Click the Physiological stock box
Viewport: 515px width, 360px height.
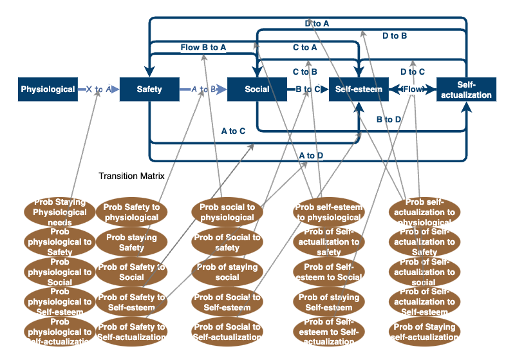(48, 90)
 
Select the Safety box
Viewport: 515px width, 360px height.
(149, 90)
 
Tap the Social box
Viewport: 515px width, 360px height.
(257, 90)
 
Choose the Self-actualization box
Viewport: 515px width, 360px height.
(466, 90)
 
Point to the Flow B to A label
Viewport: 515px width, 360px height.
(203, 47)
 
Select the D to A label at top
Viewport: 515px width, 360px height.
(317, 24)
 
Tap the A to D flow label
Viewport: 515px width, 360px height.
(311, 155)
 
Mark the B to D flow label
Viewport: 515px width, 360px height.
(389, 119)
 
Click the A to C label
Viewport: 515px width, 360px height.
(233, 131)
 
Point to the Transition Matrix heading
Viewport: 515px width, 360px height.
(132, 176)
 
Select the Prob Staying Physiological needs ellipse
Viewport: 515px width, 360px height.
(60, 212)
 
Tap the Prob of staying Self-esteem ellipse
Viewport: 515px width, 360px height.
(328, 302)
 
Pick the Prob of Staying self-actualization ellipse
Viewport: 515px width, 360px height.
(424, 332)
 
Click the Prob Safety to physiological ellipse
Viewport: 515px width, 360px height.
(132, 212)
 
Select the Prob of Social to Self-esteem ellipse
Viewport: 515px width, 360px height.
(227, 302)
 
